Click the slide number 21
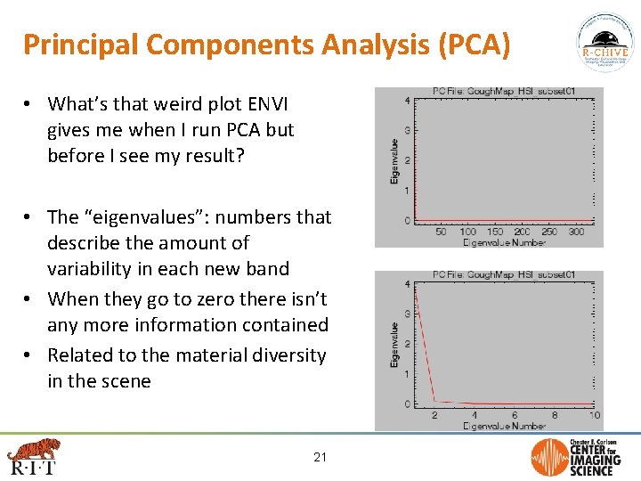click(x=320, y=458)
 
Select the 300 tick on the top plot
click(x=575, y=232)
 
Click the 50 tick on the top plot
click(x=441, y=232)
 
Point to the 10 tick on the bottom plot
click(x=594, y=416)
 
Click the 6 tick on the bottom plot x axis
click(x=515, y=416)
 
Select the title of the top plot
click(x=503, y=91)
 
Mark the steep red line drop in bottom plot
click(x=425, y=347)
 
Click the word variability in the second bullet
click(x=95, y=269)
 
